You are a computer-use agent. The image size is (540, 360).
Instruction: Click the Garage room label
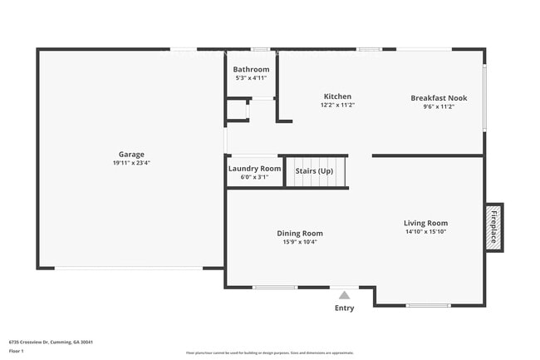pyautogui.click(x=131, y=154)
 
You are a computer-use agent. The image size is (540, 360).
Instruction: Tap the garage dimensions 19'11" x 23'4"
pyautogui.click(x=131, y=163)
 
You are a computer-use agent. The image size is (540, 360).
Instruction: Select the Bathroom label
pyautogui.click(x=251, y=69)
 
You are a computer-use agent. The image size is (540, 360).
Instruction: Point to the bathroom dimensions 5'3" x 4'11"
pyautogui.click(x=251, y=78)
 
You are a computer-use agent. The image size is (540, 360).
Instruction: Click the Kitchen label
pyautogui.click(x=337, y=96)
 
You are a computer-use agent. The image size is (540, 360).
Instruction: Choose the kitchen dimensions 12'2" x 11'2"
pyautogui.click(x=337, y=106)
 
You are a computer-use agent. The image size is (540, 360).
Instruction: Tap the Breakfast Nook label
pyautogui.click(x=439, y=97)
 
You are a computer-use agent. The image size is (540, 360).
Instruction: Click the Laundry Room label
pyautogui.click(x=254, y=168)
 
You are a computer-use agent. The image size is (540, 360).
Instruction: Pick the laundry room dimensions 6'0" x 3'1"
pyautogui.click(x=254, y=177)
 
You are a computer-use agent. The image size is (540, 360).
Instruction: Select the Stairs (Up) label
pyautogui.click(x=314, y=171)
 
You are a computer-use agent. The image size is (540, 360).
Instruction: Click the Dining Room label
pyautogui.click(x=300, y=233)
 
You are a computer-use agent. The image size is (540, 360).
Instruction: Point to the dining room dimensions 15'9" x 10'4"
pyautogui.click(x=300, y=242)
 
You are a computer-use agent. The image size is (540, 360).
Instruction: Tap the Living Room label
pyautogui.click(x=425, y=223)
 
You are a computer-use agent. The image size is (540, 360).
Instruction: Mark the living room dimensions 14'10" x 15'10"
pyautogui.click(x=425, y=232)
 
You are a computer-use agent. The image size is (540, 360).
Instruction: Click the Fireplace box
pyautogui.click(x=493, y=226)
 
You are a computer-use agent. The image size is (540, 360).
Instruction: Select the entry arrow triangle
pyautogui.click(x=344, y=294)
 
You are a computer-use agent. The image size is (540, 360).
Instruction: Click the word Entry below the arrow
pyautogui.click(x=344, y=308)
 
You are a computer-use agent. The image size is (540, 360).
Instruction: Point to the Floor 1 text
pyautogui.click(x=17, y=351)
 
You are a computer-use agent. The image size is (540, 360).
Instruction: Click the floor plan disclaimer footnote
pyautogui.click(x=270, y=353)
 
